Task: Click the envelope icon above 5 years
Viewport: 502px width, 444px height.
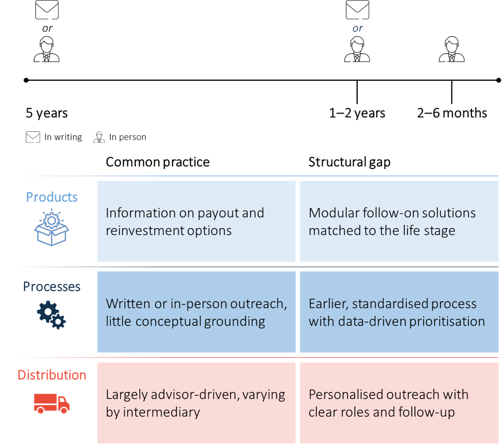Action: pos(47,10)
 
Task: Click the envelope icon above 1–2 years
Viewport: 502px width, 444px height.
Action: pos(357,10)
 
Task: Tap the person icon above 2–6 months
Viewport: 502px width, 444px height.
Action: pos(451,49)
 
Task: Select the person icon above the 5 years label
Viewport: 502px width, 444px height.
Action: pos(47,49)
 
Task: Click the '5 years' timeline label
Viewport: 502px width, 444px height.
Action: pos(47,113)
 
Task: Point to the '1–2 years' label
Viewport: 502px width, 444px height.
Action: pos(357,113)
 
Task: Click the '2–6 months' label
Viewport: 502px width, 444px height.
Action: pos(452,113)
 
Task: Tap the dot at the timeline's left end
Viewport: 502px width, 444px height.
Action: pos(26,80)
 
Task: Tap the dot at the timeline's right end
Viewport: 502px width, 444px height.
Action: pos(499,80)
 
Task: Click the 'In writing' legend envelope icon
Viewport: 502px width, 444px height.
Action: pos(33,137)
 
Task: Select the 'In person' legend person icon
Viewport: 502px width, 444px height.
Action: pos(99,137)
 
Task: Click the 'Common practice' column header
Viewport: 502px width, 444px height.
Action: pos(158,162)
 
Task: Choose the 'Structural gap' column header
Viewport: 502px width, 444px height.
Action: pos(349,162)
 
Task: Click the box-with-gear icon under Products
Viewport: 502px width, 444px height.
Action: pos(52,227)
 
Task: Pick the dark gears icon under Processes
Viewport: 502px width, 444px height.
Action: pos(52,315)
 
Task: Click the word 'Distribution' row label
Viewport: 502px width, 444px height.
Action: pos(52,375)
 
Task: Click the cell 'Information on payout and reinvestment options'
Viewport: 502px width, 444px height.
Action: pos(196,221)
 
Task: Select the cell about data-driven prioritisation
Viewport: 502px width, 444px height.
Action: pos(399,312)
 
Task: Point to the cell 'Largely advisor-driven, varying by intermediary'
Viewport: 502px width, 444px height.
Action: pos(196,403)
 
